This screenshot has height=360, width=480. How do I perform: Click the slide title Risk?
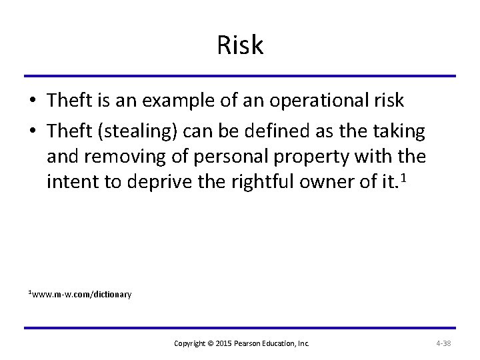point(240,45)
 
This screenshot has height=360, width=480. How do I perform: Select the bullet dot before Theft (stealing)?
point(32,131)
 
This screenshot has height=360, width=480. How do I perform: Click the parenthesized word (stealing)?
point(137,131)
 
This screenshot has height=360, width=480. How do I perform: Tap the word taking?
point(400,131)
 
